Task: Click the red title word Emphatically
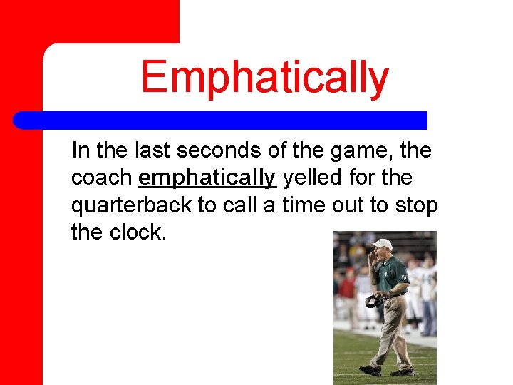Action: tap(264, 78)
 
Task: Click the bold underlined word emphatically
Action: tap(207, 176)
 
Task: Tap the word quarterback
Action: tap(131, 205)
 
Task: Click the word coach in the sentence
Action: tap(101, 176)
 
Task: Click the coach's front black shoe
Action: tap(370, 370)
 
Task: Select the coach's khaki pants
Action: tap(391, 328)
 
